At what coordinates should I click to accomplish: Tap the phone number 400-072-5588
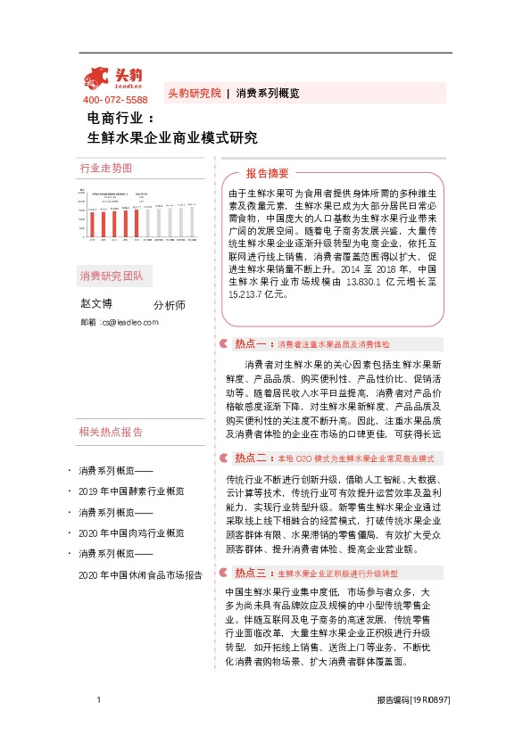click(115, 100)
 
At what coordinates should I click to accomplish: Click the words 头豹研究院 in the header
click(194, 93)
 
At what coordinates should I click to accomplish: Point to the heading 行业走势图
click(105, 168)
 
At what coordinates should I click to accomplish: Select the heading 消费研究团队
click(112, 276)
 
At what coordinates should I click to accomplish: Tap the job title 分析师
click(170, 305)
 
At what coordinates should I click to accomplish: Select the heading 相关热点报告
click(112, 433)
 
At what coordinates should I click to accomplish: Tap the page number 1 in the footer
click(97, 701)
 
